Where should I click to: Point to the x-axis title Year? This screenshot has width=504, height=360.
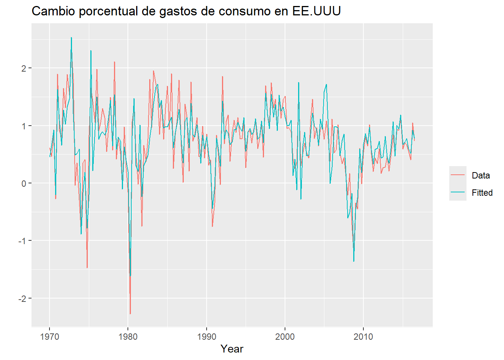click(x=232, y=349)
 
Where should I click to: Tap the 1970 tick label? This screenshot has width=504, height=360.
click(x=49, y=336)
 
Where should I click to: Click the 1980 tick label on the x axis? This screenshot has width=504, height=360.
click(x=128, y=336)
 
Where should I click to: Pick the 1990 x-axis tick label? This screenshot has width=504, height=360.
click(x=206, y=336)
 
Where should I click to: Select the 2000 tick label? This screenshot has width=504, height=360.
click(x=285, y=336)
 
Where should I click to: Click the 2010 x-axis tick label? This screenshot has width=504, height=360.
click(x=363, y=336)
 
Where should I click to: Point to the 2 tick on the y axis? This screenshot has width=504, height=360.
click(x=24, y=68)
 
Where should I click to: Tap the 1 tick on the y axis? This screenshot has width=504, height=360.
click(x=24, y=126)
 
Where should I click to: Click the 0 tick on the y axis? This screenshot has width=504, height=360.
click(x=24, y=183)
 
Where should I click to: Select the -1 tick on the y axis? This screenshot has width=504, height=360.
click(x=22, y=241)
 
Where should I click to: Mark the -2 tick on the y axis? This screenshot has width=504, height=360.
click(x=22, y=298)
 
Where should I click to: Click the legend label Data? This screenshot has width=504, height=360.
click(x=481, y=175)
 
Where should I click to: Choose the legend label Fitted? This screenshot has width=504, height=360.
click(x=482, y=192)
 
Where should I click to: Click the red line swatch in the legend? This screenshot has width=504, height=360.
click(x=457, y=175)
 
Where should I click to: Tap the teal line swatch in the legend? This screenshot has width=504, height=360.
click(x=457, y=192)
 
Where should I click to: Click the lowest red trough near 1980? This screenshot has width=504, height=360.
click(x=130, y=313)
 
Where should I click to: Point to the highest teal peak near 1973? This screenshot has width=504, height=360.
click(x=71, y=37)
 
